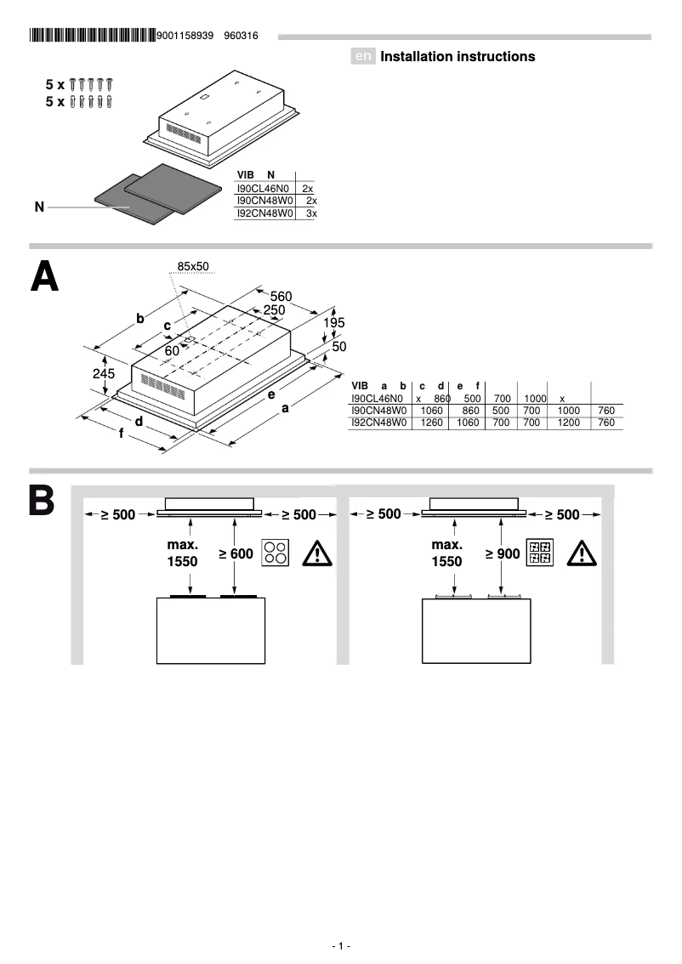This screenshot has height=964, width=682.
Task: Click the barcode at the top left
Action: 92,36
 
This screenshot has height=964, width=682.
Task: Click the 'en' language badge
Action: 363,57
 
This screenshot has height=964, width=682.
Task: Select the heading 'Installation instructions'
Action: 458,57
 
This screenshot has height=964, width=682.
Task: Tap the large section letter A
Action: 44,276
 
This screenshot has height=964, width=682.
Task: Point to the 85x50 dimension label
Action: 193,267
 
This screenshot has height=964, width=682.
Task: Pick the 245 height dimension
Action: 104,372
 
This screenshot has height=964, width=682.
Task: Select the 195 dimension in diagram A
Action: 334,324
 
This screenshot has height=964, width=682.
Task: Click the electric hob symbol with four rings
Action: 275,553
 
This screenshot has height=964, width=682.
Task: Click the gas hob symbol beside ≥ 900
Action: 540,553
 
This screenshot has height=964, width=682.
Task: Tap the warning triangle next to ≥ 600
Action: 317,554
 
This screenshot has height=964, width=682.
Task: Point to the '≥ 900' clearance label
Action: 502,554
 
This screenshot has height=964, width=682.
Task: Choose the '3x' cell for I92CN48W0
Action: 310,214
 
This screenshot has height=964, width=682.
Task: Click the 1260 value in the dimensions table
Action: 432,422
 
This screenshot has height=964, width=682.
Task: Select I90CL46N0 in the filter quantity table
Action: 264,187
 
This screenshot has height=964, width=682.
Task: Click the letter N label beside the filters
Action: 39,207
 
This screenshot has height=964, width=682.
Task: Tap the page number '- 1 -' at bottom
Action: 341,946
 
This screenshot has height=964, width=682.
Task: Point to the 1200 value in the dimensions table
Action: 568,422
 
